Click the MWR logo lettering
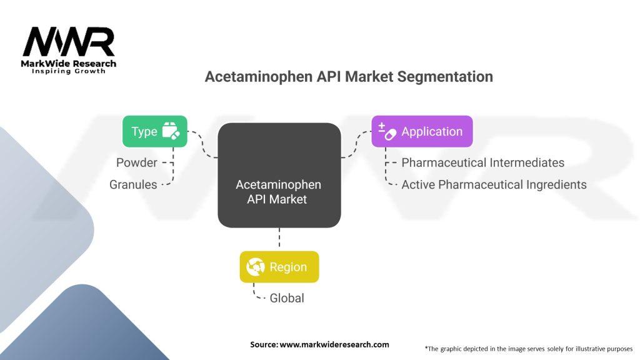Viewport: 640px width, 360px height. click(x=69, y=42)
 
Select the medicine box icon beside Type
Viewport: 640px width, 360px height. click(x=171, y=131)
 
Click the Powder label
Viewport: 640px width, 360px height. click(x=136, y=162)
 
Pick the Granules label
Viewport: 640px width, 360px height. click(x=133, y=184)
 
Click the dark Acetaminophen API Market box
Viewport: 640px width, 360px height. click(x=279, y=175)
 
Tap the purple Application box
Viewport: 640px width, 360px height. click(x=422, y=131)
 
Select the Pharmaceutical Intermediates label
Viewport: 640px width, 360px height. click(x=482, y=162)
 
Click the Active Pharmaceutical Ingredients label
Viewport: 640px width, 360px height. click(x=494, y=184)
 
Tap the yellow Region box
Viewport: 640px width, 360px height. click(x=279, y=267)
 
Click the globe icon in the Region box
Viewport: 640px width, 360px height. click(x=256, y=267)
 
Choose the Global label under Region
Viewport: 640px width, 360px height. click(x=287, y=298)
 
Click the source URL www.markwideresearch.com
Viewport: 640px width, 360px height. click(x=334, y=344)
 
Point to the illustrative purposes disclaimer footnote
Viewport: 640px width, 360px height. click(x=528, y=348)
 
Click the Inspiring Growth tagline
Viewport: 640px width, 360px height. click(x=69, y=71)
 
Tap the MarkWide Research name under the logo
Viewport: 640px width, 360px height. click(x=69, y=63)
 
